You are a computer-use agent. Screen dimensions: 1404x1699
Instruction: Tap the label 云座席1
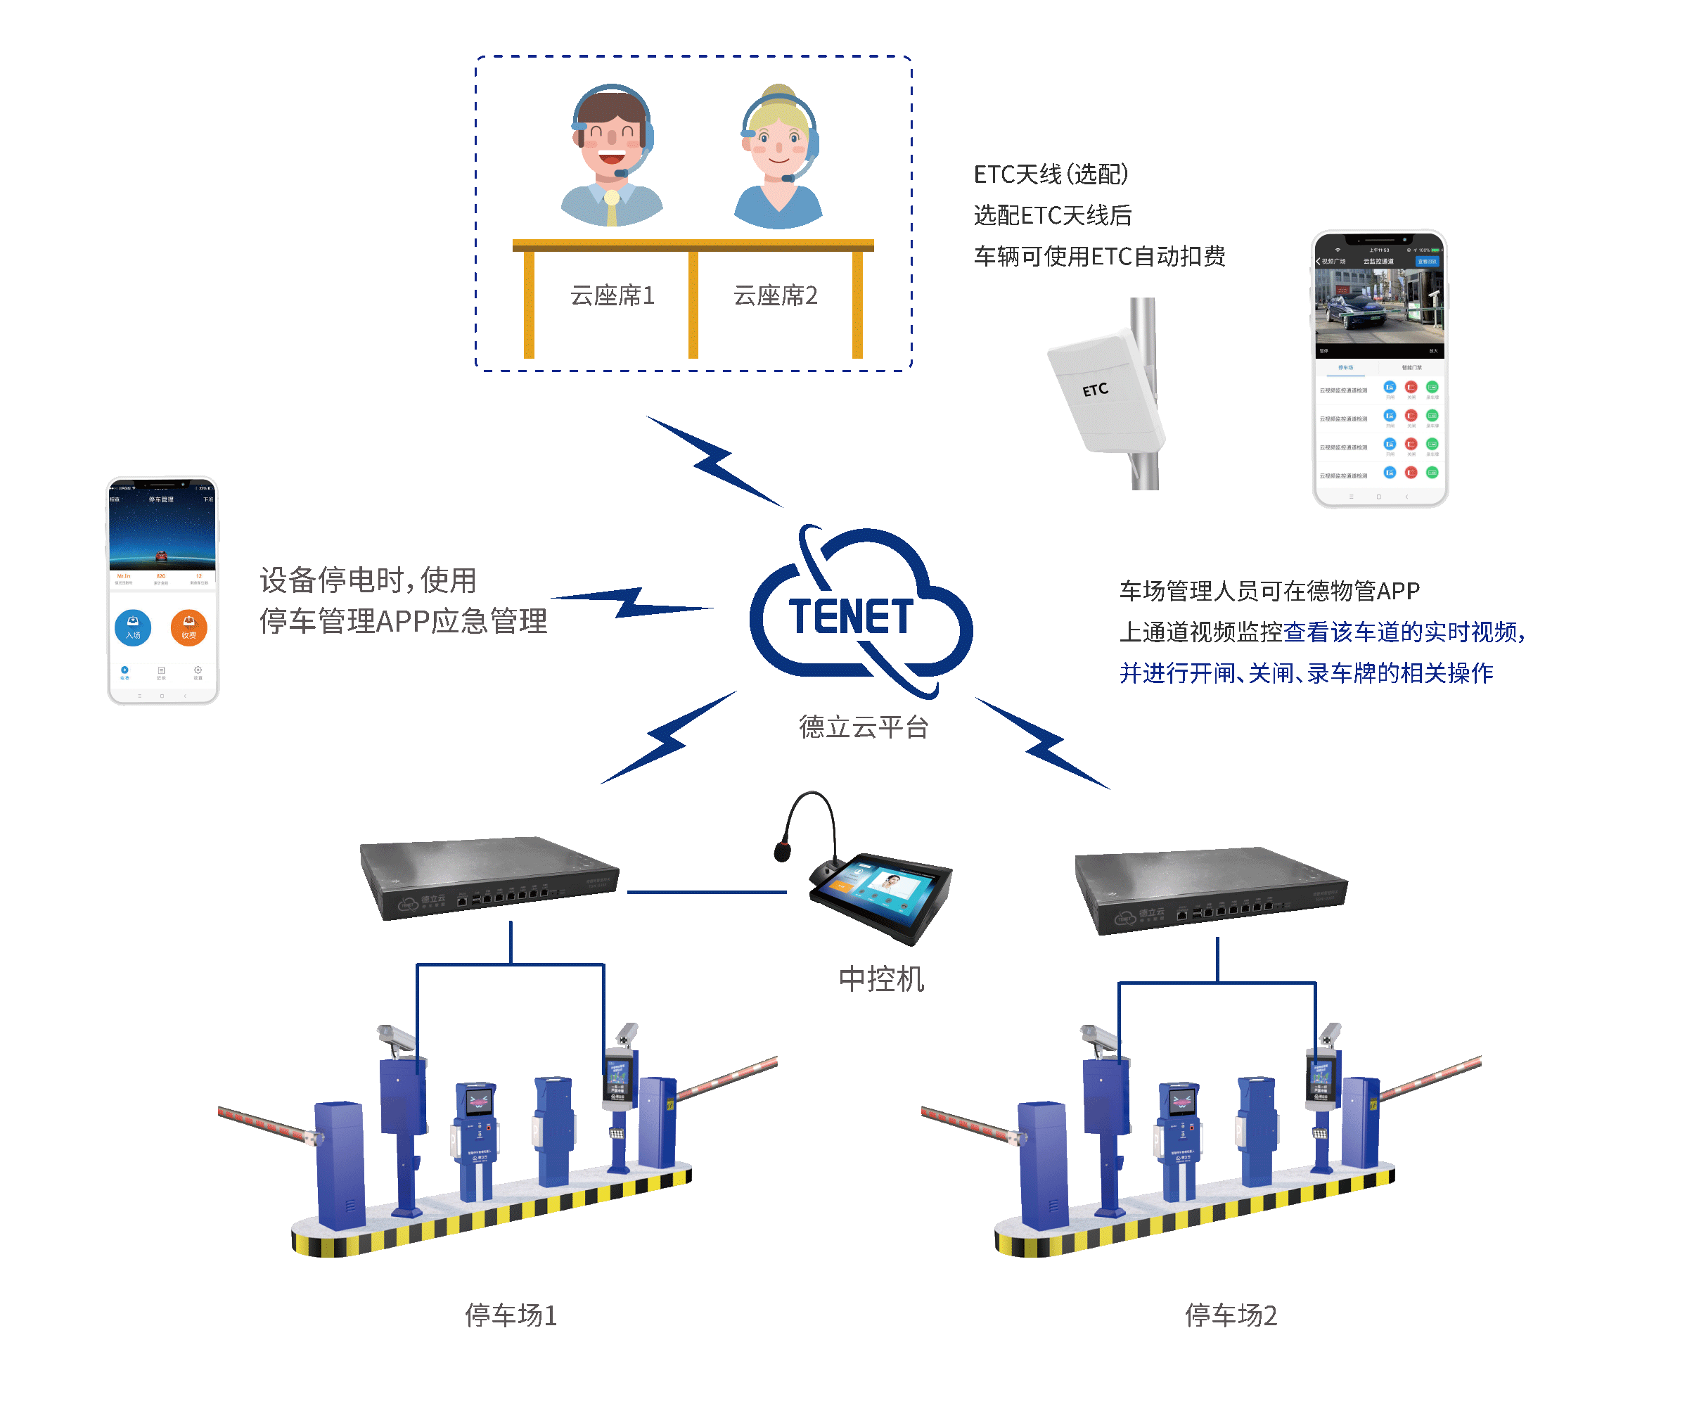pyautogui.click(x=612, y=296)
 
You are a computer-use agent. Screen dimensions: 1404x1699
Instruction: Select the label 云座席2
pyautogui.click(x=775, y=296)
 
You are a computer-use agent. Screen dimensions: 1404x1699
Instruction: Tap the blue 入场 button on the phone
pyautogui.click(x=133, y=627)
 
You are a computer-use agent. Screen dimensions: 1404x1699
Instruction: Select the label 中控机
pyautogui.click(x=880, y=979)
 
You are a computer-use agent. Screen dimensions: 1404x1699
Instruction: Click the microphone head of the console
pyautogui.click(x=782, y=851)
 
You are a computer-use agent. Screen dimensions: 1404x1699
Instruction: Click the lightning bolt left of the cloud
pyautogui.click(x=631, y=603)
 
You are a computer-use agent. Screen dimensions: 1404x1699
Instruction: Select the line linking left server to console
pyautogui.click(x=706, y=892)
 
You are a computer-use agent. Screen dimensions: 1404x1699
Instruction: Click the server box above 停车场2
pyautogui.click(x=1209, y=890)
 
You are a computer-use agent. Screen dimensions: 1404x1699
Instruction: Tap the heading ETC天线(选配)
pyautogui.click(x=1051, y=174)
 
